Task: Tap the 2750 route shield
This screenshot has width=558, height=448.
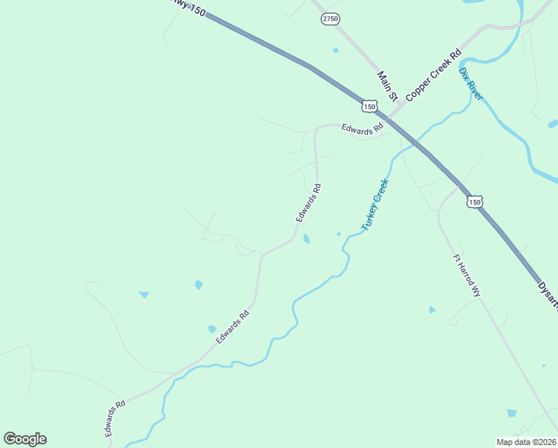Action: point(330,19)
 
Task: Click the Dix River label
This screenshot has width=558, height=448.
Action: point(470,83)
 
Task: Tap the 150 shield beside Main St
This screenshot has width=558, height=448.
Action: point(369,108)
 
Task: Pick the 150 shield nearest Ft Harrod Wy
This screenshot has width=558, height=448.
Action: point(475,202)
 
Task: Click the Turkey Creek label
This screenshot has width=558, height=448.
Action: point(375,204)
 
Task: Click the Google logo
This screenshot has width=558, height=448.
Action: point(25,439)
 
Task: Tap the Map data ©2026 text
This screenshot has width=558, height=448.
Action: point(526,442)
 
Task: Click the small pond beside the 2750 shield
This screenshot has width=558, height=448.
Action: point(336,51)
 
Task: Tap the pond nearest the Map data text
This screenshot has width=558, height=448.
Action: point(511,412)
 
